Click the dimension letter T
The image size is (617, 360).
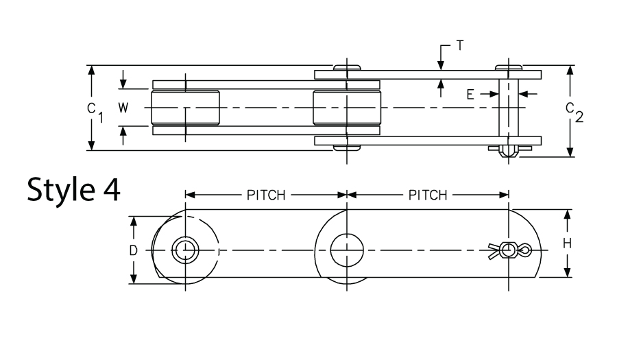(x=460, y=47)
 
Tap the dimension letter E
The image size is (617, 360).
(x=471, y=93)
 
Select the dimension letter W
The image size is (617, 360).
(x=123, y=108)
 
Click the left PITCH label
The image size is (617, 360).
(x=265, y=194)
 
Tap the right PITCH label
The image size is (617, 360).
(x=428, y=194)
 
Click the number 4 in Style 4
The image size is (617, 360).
(x=110, y=189)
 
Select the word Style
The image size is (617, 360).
(x=59, y=189)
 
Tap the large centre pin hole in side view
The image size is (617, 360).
(x=347, y=250)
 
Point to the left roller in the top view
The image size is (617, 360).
(x=185, y=108)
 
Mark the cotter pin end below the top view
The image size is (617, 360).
(x=509, y=150)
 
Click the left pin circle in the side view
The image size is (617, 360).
(x=184, y=250)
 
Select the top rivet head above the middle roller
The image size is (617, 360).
(x=347, y=67)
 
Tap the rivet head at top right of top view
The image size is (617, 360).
(x=509, y=67)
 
